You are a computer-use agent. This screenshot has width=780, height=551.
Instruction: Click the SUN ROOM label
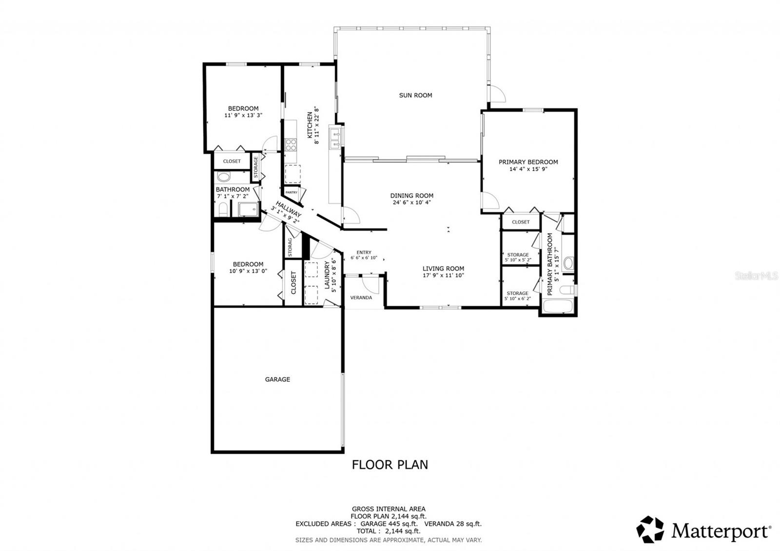(415, 96)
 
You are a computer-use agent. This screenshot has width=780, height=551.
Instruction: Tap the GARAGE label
(277, 379)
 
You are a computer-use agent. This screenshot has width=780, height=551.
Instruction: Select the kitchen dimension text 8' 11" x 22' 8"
(317, 125)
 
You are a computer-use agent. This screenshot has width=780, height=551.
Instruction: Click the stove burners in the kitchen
(291, 144)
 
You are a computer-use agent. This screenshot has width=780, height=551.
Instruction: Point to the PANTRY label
(292, 193)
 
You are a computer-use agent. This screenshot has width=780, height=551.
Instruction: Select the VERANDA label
(361, 298)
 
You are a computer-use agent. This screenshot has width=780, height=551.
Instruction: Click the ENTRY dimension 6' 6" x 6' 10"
(364, 258)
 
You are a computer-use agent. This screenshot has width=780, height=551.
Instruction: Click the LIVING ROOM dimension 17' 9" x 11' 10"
(443, 275)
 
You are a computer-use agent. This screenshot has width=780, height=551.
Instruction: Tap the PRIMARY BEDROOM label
(528, 162)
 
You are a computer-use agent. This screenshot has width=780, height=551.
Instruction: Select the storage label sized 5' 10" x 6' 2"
(517, 298)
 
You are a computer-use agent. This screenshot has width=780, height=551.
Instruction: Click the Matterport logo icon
(650, 529)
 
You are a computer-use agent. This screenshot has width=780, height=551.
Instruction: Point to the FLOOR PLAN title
(390, 465)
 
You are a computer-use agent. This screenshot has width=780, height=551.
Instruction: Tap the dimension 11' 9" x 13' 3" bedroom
(243, 116)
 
